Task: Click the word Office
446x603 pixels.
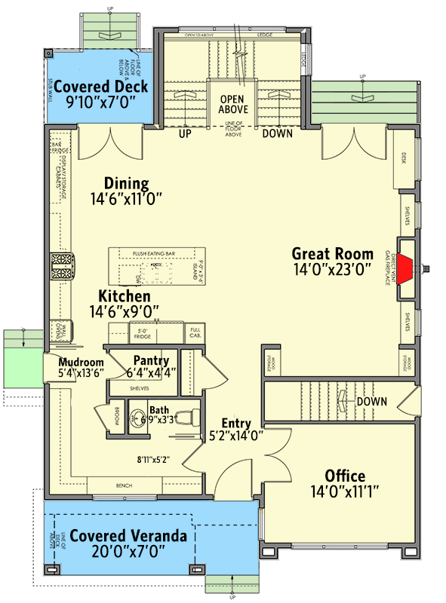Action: [345, 476]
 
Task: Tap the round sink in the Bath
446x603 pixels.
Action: [137, 416]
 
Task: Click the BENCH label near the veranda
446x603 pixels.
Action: [124, 485]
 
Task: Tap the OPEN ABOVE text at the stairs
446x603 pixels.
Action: [234, 104]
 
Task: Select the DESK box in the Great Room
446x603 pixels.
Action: [404, 158]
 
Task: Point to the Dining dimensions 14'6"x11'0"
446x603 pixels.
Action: [126, 199]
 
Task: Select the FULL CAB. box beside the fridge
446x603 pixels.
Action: [195, 332]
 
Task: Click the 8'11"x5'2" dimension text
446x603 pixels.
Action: [153, 458]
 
